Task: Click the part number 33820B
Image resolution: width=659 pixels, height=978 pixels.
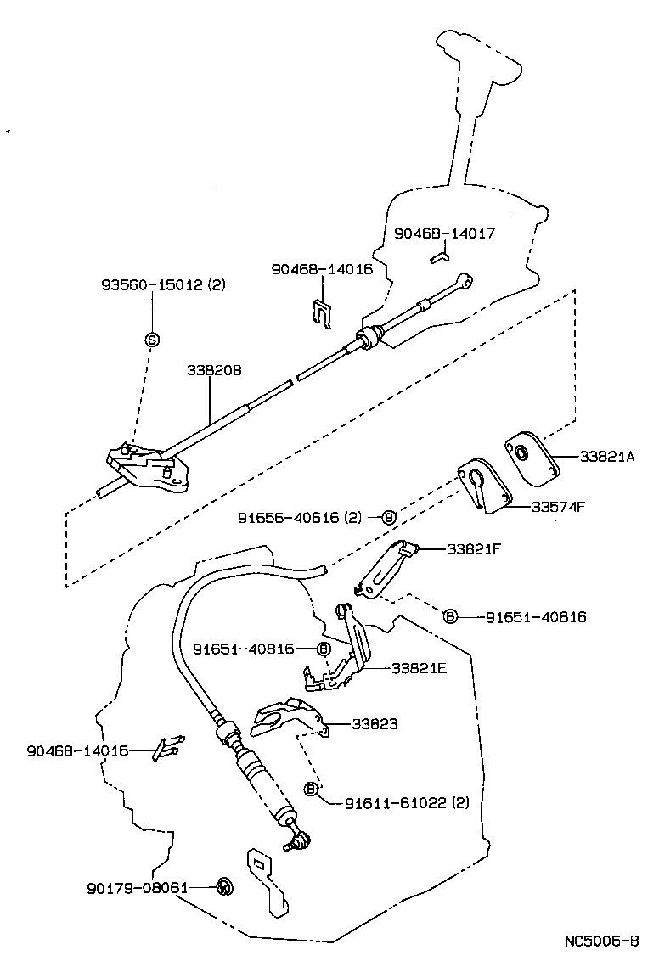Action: pos(215,371)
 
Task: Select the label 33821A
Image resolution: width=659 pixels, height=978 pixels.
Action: pos(607,457)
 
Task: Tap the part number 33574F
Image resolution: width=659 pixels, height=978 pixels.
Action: pos(558,507)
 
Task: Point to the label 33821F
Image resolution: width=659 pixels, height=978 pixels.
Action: pos(473,549)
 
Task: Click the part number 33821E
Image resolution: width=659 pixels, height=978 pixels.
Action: pos(419,667)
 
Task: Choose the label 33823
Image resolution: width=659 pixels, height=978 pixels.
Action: pos(375,724)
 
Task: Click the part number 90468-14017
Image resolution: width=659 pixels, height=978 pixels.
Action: pos(444,233)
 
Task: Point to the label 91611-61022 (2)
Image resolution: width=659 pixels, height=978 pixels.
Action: pos(407,802)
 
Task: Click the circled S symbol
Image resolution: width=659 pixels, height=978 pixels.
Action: pos(153,340)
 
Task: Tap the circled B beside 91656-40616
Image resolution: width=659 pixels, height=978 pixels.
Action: pos(389,517)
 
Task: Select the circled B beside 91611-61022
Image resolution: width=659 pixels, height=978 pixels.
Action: pos(311,790)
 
